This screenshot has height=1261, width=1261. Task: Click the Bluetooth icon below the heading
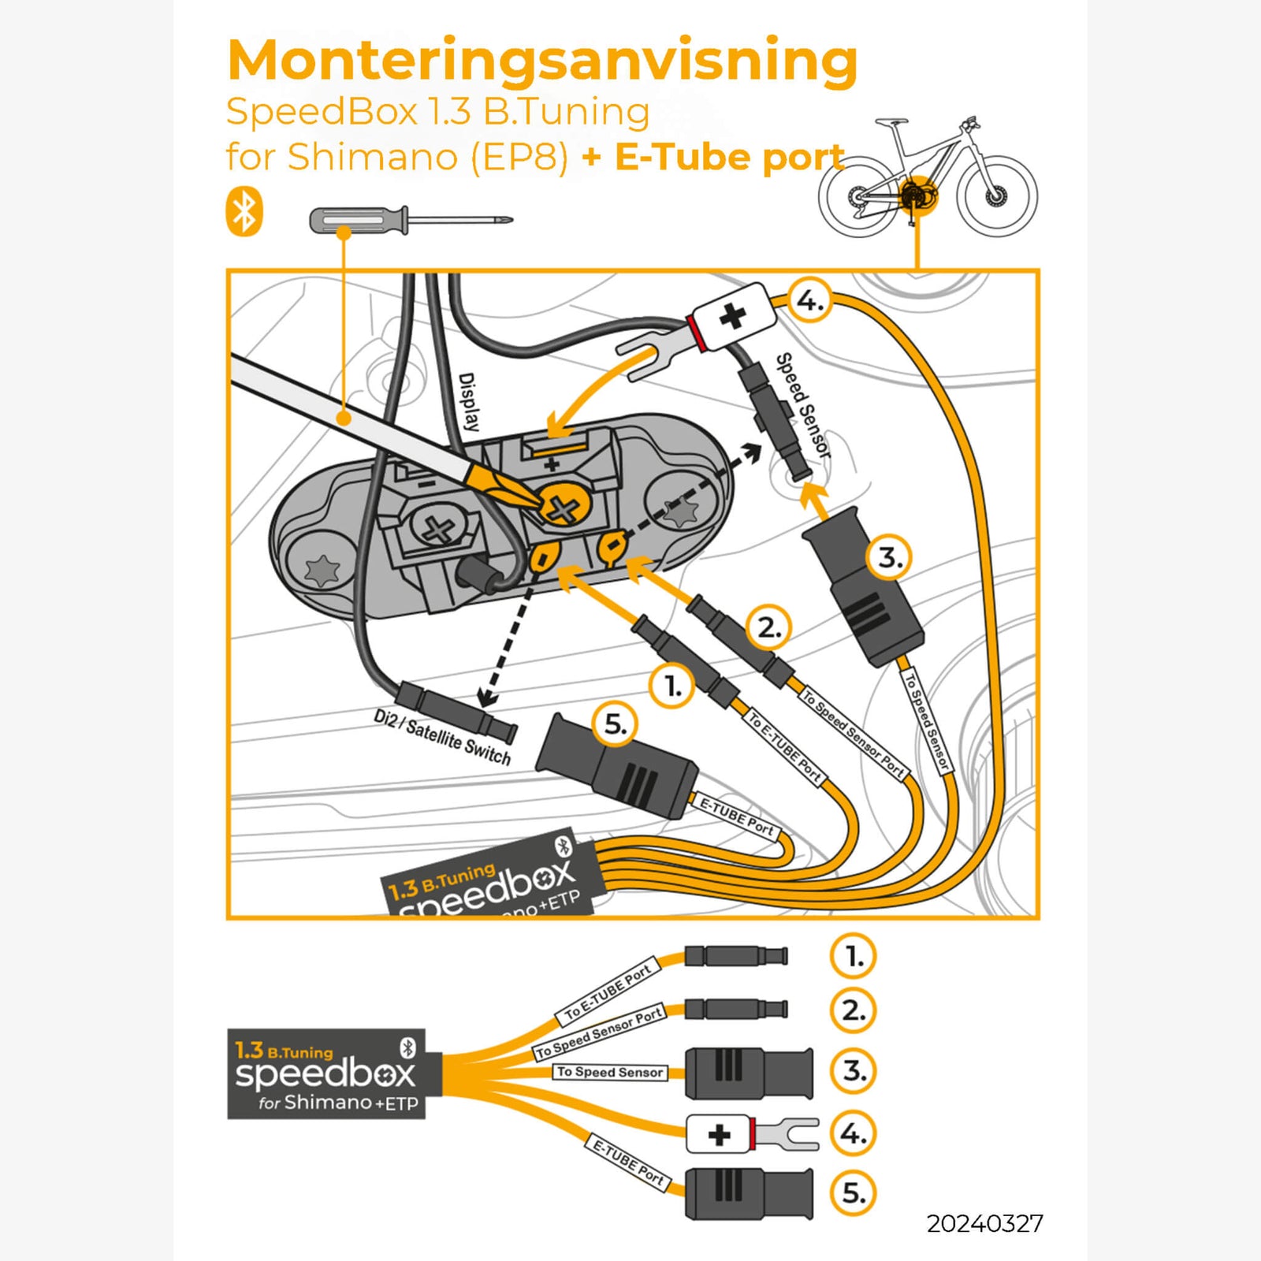click(x=244, y=211)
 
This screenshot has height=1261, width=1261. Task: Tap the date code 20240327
click(x=984, y=1223)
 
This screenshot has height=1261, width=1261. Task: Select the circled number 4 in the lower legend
click(x=853, y=1133)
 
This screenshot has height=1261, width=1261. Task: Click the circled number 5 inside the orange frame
click(x=615, y=724)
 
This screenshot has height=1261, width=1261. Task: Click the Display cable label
click(x=468, y=402)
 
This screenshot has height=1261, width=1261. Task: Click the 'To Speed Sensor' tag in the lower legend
click(x=610, y=1072)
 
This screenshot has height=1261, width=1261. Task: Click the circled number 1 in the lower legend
click(x=853, y=956)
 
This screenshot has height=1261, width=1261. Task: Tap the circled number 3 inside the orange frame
click(x=889, y=558)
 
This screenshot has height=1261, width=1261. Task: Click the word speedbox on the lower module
click(x=325, y=1073)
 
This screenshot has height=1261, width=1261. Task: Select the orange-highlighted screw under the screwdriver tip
click(x=563, y=509)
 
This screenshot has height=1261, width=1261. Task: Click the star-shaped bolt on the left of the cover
click(x=322, y=568)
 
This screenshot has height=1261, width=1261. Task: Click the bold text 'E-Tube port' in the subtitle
click(x=729, y=157)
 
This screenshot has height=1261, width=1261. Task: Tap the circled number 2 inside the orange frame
click(x=768, y=628)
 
